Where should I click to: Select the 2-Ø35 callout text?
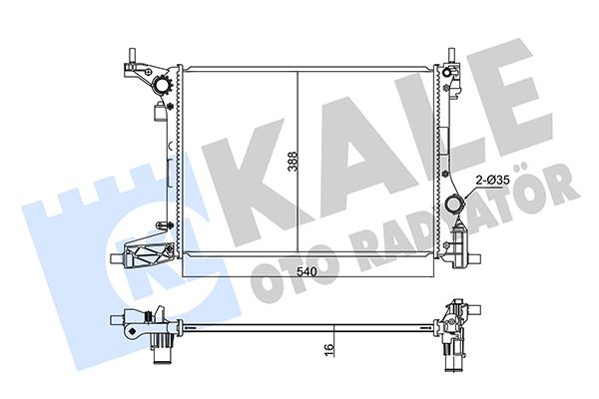[492, 181]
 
